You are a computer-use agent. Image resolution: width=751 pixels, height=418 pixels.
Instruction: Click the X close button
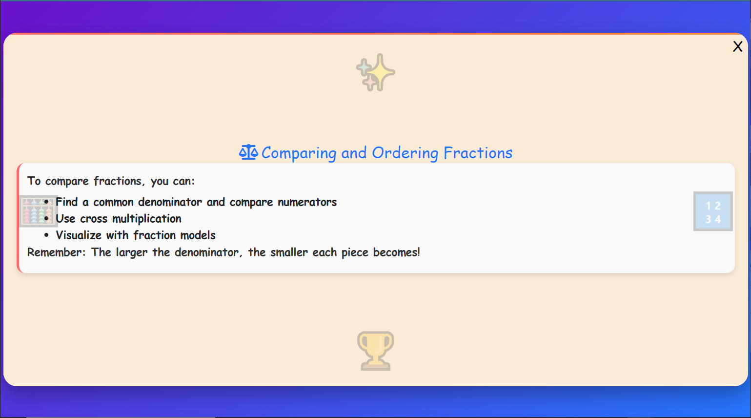click(737, 46)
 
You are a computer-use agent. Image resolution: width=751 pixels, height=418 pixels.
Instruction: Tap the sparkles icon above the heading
click(375, 72)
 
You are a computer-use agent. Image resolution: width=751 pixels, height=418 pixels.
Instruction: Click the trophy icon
click(375, 351)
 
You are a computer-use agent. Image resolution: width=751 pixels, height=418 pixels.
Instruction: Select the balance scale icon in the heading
click(248, 152)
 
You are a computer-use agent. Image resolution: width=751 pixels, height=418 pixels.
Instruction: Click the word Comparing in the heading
click(299, 153)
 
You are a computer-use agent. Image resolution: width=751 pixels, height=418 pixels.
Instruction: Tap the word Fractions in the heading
click(478, 153)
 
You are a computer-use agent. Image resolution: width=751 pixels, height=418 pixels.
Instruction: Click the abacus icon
click(38, 211)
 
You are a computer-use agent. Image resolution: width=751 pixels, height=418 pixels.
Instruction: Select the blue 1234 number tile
click(713, 211)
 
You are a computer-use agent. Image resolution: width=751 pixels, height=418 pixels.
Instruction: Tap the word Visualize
click(79, 235)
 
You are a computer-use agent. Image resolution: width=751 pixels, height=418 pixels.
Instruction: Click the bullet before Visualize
click(46, 235)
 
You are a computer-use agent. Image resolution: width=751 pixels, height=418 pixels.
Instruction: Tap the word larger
click(131, 253)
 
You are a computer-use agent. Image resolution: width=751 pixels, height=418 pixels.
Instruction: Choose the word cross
click(94, 219)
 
